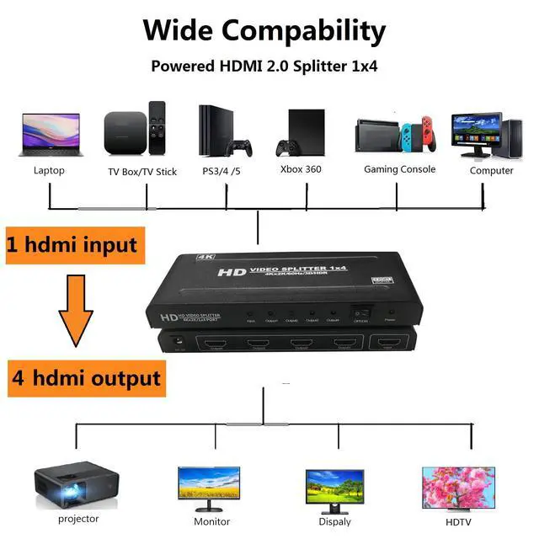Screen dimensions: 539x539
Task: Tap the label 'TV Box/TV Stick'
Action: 142,172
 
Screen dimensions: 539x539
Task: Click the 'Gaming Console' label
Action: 399,169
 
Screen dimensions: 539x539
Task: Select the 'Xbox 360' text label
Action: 301,169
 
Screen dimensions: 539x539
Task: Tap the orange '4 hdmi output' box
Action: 85,377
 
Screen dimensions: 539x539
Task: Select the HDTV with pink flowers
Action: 458,486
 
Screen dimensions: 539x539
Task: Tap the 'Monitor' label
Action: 211,521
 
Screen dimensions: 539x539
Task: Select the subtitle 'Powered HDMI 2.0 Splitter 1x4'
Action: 263,67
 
